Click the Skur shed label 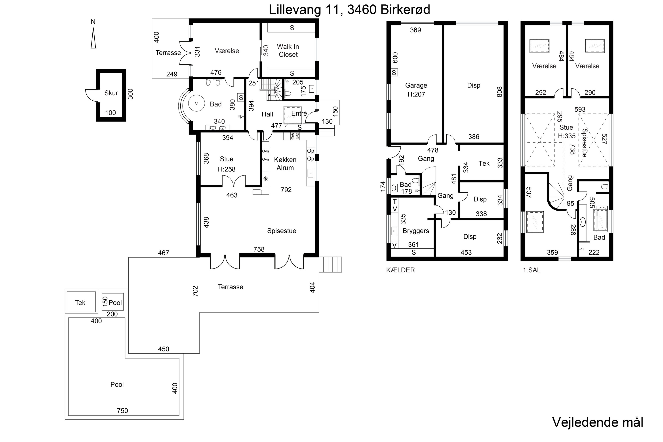tap(111, 93)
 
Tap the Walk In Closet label tap(288, 50)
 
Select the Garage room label tap(416, 85)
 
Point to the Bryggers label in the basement tap(416, 231)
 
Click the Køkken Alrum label tap(285, 164)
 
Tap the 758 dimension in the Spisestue tap(259, 249)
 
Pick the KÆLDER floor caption tap(400, 270)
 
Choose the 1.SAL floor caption tap(532, 270)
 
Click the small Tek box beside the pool tap(81, 302)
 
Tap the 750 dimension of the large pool tap(122, 411)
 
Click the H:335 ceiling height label tap(567, 136)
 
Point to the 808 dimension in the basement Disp tap(499, 92)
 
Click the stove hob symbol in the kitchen tap(295, 136)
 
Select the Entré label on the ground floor tap(299, 113)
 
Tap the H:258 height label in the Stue tap(227, 169)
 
